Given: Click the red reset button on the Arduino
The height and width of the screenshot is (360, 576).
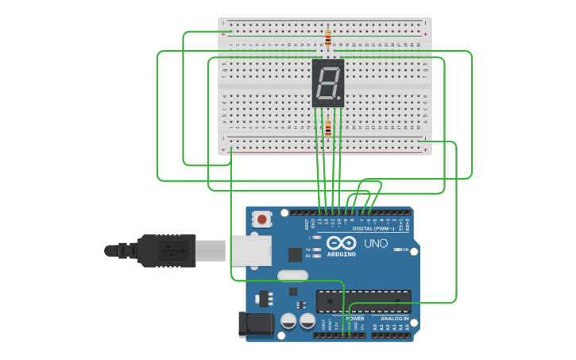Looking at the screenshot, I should pyautogui.click(x=261, y=217).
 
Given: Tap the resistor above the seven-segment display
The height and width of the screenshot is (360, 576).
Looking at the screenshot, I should pyautogui.click(x=328, y=36).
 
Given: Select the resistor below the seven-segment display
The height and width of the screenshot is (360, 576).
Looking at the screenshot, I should pyautogui.click(x=328, y=127).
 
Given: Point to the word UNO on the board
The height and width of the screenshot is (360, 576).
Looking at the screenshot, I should pyautogui.click(x=375, y=243).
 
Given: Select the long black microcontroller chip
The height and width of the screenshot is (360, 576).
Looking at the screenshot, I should pyautogui.click(x=363, y=301).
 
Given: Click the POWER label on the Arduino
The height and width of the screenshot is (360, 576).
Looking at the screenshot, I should pyautogui.click(x=355, y=318).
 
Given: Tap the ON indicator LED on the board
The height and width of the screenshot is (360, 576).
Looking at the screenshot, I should pyautogui.click(x=396, y=250).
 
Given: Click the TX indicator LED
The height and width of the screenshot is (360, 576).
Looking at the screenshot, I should pyautogui.click(x=318, y=250).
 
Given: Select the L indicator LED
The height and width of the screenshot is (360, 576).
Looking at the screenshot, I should pyautogui.click(x=318, y=238).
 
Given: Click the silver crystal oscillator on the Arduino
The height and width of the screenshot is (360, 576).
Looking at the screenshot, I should pyautogui.click(x=292, y=276).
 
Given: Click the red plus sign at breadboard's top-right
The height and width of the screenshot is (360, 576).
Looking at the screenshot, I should pyautogui.click(x=426, y=34).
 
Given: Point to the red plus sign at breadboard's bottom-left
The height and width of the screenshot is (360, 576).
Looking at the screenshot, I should pyautogui.click(x=223, y=149).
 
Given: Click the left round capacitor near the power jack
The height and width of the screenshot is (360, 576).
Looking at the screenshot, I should pyautogui.click(x=288, y=320).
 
